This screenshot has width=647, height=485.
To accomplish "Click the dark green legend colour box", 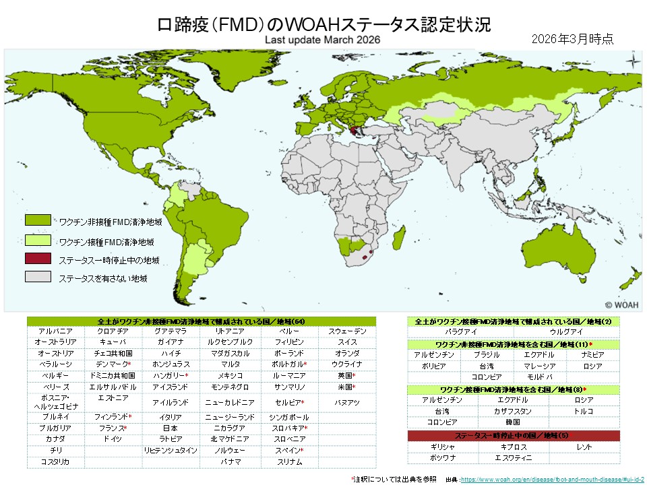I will (38, 220).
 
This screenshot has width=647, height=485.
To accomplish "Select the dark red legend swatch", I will (38, 259).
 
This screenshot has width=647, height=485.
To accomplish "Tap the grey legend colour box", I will (38, 277).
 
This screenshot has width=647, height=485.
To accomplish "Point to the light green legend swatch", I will (38, 240).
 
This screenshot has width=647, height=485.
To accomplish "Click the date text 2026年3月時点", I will (572, 38).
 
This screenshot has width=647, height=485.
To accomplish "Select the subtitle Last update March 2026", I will (323, 40).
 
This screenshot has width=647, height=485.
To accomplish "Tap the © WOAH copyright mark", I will (621, 304).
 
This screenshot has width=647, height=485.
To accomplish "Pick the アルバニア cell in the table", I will (56, 331).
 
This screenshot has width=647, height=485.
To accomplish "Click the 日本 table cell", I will (171, 428).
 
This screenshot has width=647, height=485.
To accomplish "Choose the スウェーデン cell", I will (348, 331).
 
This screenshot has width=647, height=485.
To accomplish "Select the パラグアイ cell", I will (461, 332).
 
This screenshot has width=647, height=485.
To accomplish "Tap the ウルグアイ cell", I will (566, 332).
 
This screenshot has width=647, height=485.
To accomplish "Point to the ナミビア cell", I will (592, 354).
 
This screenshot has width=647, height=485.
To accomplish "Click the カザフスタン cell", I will (513, 410).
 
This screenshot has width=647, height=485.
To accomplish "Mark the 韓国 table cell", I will (513, 422).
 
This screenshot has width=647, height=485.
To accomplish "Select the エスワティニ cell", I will (513, 457).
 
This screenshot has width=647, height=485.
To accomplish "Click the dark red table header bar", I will (513, 435).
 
